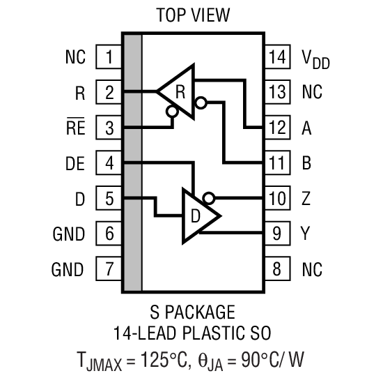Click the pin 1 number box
point(109,56)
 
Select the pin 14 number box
point(276,56)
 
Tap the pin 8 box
point(276,269)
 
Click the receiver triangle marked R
point(178,91)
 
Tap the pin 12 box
point(276,127)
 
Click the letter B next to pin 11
point(306,163)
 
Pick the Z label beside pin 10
point(306,198)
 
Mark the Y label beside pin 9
point(306,233)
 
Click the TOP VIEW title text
point(192,15)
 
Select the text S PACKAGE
point(192,311)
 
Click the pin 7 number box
point(109,269)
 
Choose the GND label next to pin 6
point(68,233)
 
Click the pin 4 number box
point(109,163)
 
